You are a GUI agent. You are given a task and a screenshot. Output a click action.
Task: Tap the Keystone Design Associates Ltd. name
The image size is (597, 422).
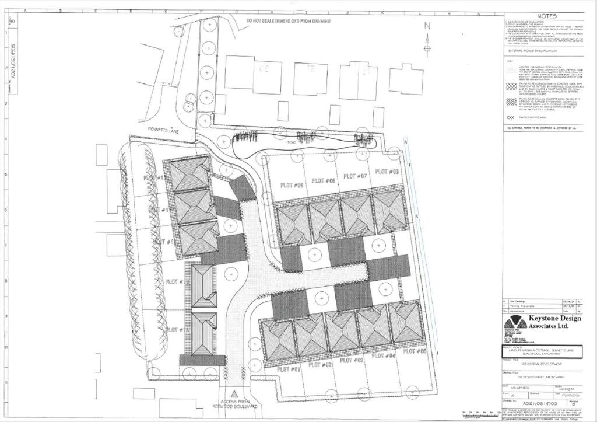coord(554,322)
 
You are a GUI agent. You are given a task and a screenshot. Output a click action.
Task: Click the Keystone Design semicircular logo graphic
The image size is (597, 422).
coord(515,322)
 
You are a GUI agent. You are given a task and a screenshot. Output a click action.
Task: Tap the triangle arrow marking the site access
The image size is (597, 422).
coord(234,394)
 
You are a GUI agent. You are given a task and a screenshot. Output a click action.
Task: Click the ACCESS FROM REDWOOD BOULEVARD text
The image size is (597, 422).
coord(234,403)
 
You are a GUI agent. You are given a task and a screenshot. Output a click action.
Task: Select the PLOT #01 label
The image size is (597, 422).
coord(288,369)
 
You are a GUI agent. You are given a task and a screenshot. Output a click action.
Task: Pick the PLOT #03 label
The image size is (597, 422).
coord(352,360)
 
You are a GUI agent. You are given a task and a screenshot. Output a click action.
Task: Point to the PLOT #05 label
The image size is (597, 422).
coord(415,351)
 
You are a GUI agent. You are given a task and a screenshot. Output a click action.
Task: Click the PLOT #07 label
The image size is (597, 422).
coord(354,176)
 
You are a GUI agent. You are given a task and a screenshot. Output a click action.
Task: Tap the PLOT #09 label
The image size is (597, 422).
coord(292,185)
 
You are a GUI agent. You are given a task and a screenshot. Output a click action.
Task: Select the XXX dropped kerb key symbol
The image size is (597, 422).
coord(511,117)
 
